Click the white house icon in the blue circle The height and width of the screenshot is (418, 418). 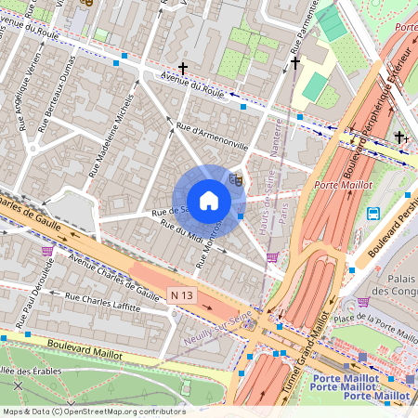209,200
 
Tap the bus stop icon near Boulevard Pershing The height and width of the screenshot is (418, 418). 373,214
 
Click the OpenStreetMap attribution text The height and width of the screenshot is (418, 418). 93,411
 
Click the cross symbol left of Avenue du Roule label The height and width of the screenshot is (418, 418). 183,68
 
